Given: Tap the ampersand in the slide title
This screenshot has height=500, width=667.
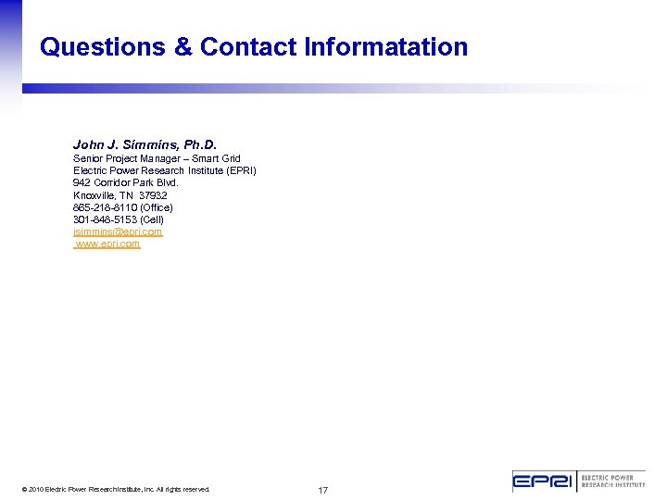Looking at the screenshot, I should [182, 47].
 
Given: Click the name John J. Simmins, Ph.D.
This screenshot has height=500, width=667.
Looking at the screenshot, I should [145, 145].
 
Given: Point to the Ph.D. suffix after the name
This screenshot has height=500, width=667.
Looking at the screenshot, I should [200, 145].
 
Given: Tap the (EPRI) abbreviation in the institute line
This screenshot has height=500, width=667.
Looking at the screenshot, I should [242, 170].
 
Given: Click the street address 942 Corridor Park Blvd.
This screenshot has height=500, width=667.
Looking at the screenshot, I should [126, 182].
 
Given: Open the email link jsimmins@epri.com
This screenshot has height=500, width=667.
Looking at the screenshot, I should [118, 231].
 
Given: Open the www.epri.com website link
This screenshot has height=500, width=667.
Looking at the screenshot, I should [108, 244].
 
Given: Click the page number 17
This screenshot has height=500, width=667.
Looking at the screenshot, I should [323, 490].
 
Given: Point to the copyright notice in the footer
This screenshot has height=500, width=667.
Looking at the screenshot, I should [117, 489].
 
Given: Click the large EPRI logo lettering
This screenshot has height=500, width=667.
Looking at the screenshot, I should [544, 481].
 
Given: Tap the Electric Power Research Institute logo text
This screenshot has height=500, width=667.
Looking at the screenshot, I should [612, 481].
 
